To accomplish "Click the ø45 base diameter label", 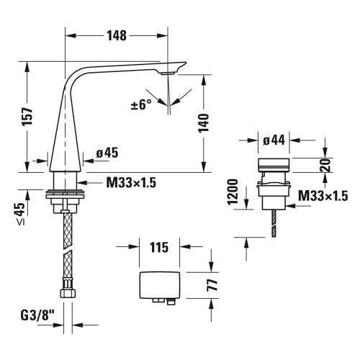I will pos(107,153).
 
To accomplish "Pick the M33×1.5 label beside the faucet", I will pos(131,182).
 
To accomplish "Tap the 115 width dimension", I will pos(158,248).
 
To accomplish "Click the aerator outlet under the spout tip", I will pos(168,73).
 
